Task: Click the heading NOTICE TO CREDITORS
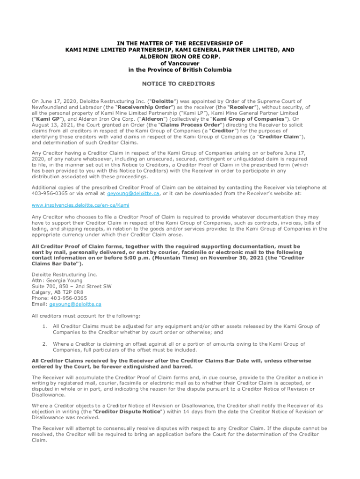click(180, 84)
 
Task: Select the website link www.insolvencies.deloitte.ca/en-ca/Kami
click(80, 205)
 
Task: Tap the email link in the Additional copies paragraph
click(133, 193)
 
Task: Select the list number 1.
click(44, 327)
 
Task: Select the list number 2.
click(44, 344)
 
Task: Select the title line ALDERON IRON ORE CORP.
click(180, 57)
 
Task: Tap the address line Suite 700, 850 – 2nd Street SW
click(72, 286)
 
